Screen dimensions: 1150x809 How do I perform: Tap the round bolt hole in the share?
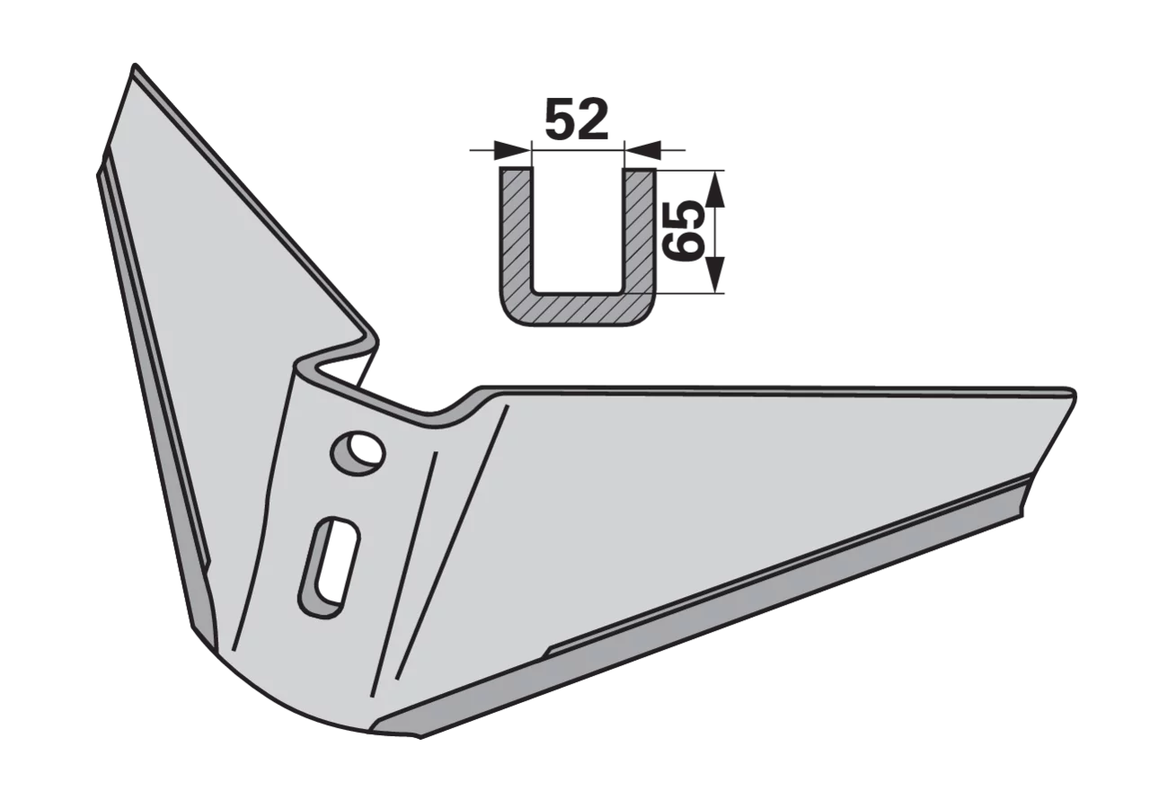(358, 452)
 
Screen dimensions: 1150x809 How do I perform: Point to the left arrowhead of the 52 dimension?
(512, 149)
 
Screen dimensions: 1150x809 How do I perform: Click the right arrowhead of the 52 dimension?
(642, 149)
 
